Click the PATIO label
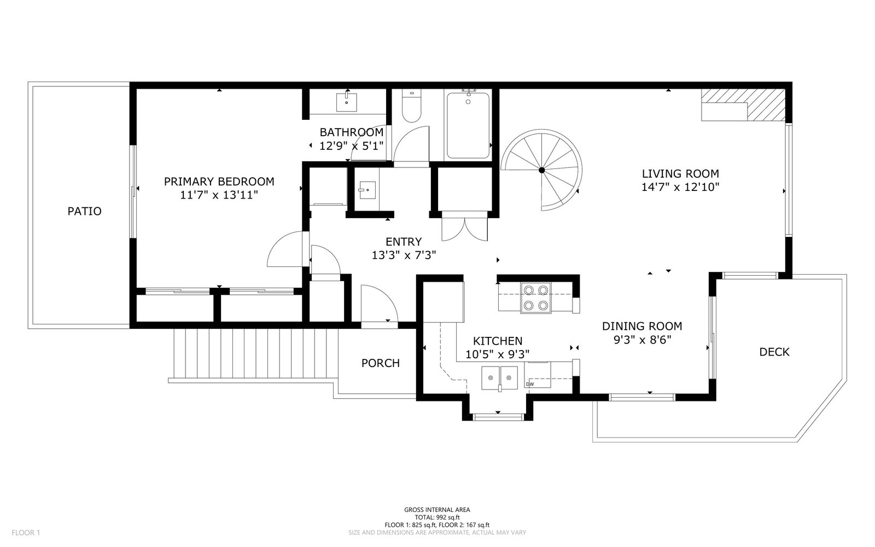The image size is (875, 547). pos(84,211)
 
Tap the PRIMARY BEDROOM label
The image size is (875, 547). pos(219,182)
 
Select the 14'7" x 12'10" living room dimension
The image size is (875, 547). pos(680,187)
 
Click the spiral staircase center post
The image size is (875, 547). pos(542,170)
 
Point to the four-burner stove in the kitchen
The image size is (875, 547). pos(535,298)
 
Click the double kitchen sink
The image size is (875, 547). pos(500,378)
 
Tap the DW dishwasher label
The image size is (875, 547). pos(530,384)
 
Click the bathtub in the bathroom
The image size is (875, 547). pos(468,125)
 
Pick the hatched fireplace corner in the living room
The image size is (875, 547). pos(766,104)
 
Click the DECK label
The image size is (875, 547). pos(774,352)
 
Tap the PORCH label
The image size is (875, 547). pos(381,363)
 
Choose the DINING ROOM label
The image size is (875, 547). pos(642,326)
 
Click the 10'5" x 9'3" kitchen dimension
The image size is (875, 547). pos(498,354)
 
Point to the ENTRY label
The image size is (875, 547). pos(404,242)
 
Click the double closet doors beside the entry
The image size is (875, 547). pos(464,229)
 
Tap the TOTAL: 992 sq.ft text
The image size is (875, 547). pos(437,517)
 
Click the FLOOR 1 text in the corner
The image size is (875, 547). pos(26,533)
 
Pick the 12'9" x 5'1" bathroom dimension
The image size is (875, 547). pos(351,146)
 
